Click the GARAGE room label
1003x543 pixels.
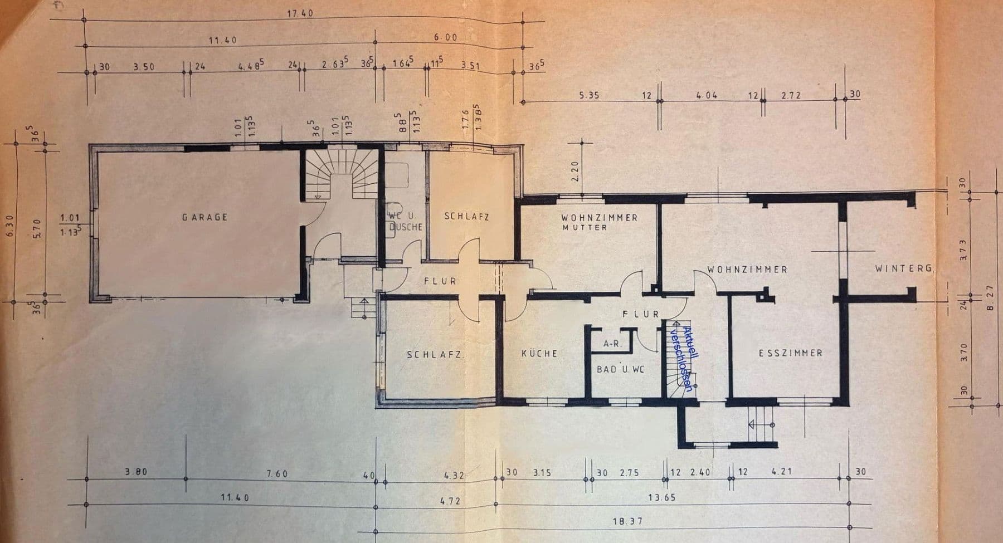coord(205,217)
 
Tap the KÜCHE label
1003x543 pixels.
coord(539,354)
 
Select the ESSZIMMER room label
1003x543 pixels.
coord(790,353)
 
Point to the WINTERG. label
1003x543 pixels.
coord(904,268)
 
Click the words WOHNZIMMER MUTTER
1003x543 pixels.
coord(599,222)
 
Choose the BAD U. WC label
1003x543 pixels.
coord(620,369)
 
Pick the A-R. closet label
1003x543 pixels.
coord(612,344)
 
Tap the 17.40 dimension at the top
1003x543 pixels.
coord(300,13)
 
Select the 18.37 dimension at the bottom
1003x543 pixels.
coord(629,522)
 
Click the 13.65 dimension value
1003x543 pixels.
coord(661,497)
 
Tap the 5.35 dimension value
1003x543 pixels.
coord(588,95)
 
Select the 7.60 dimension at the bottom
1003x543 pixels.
coord(277,474)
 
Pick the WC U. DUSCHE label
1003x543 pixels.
coord(405,221)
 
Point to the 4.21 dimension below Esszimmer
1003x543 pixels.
coord(781,472)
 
